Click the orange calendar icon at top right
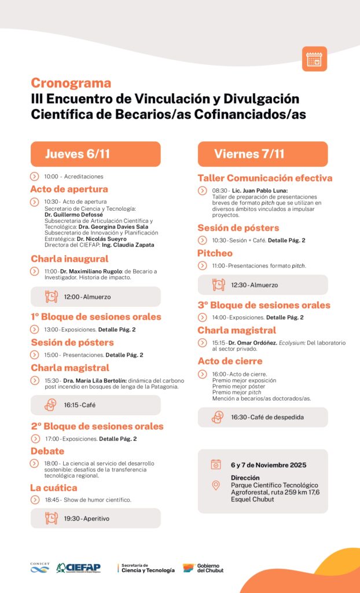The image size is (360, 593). (x=314, y=59)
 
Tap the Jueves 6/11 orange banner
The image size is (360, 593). (x=95, y=154)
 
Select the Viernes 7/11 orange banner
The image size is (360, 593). (x=263, y=154)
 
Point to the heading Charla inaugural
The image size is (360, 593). (x=69, y=258)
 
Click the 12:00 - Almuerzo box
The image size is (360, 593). (x=95, y=296)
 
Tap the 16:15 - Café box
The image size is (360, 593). (x=95, y=405)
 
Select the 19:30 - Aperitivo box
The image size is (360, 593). (x=95, y=518)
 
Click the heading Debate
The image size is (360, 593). (x=47, y=451)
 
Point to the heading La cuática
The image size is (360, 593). (x=54, y=488)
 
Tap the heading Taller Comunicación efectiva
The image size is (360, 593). (x=265, y=178)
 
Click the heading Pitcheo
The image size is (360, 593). (x=215, y=253)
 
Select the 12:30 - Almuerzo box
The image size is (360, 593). (x=263, y=285)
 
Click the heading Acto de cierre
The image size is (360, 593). (x=229, y=361)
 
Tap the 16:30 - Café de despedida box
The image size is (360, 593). (x=263, y=417)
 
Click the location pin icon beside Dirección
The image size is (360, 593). (x=216, y=485)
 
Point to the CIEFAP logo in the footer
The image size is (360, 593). (x=78, y=568)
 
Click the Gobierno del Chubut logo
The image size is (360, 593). (x=203, y=568)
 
